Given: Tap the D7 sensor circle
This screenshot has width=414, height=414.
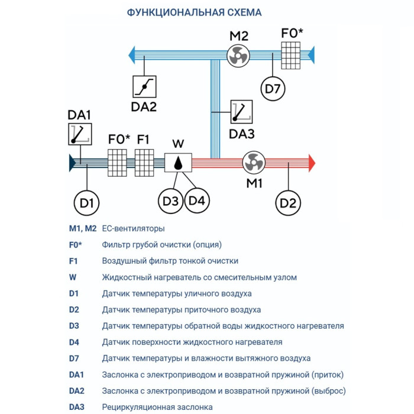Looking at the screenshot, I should tap(273, 89).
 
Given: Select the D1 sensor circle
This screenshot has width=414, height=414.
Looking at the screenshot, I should tap(87, 203).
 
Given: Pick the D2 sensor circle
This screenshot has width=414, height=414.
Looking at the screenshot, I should tap(287, 203).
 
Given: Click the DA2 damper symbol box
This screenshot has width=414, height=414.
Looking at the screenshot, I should tap(144, 87).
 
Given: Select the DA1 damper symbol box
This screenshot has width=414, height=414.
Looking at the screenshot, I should tap(80, 135).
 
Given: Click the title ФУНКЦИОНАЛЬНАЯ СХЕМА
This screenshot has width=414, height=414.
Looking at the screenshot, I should tap(195, 12).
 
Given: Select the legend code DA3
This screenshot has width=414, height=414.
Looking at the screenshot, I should tap(77, 407).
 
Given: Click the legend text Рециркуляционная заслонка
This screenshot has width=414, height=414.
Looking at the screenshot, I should tap(157, 407).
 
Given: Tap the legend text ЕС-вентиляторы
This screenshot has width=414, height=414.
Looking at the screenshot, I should tap(134, 228).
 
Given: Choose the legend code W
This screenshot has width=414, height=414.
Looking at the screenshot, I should tap(72, 277).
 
